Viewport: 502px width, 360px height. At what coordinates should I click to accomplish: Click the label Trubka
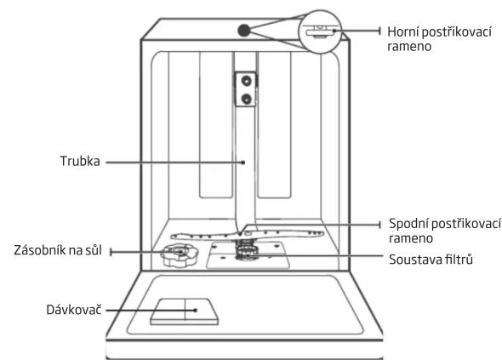click(80, 161)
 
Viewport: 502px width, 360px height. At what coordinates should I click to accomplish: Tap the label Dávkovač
click(74, 310)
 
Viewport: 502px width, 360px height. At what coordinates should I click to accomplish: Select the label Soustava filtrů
click(431, 259)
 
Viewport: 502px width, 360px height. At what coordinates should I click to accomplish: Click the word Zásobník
click(40, 250)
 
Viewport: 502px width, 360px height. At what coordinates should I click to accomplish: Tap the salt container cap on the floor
click(180, 254)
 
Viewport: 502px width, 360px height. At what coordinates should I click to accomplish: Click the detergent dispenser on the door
click(185, 312)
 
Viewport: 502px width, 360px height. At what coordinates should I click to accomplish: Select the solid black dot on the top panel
click(243, 31)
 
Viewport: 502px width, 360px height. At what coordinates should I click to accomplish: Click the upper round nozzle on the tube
click(246, 80)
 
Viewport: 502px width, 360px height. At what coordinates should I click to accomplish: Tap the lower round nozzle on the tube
click(246, 99)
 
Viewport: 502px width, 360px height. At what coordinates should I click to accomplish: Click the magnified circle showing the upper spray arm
click(320, 31)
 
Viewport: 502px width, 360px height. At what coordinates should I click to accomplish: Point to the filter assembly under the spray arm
click(247, 250)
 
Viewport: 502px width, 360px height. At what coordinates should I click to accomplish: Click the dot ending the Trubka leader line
click(243, 163)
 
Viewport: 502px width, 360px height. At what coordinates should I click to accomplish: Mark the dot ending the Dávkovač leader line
click(196, 310)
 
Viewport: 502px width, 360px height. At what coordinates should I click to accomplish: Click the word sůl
click(93, 250)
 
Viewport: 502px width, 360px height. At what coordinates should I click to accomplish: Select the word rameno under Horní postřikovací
click(409, 47)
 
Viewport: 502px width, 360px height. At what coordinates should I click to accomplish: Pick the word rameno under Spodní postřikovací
click(411, 238)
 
